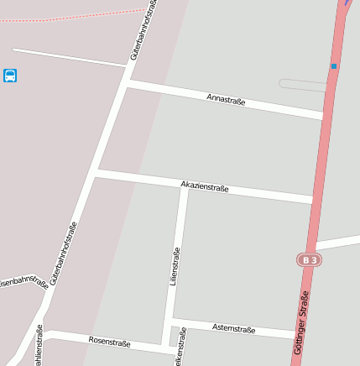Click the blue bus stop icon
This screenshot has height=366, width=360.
(x=10, y=76)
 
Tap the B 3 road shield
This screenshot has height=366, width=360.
(x=310, y=260)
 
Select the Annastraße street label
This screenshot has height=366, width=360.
(x=226, y=100)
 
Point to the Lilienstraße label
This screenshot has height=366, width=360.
(x=175, y=267)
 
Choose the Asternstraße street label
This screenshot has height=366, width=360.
(x=233, y=328)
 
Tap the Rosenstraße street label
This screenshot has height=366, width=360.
(x=109, y=341)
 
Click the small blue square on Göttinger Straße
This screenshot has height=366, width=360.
(x=333, y=65)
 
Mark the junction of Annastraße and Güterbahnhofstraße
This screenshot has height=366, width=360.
(x=127, y=84)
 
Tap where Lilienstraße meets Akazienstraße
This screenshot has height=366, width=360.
(x=183, y=184)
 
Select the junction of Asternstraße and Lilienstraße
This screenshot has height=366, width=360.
(x=170, y=322)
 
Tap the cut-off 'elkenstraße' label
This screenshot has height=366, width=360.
(x=181, y=347)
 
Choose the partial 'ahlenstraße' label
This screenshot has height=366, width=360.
(x=39, y=345)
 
